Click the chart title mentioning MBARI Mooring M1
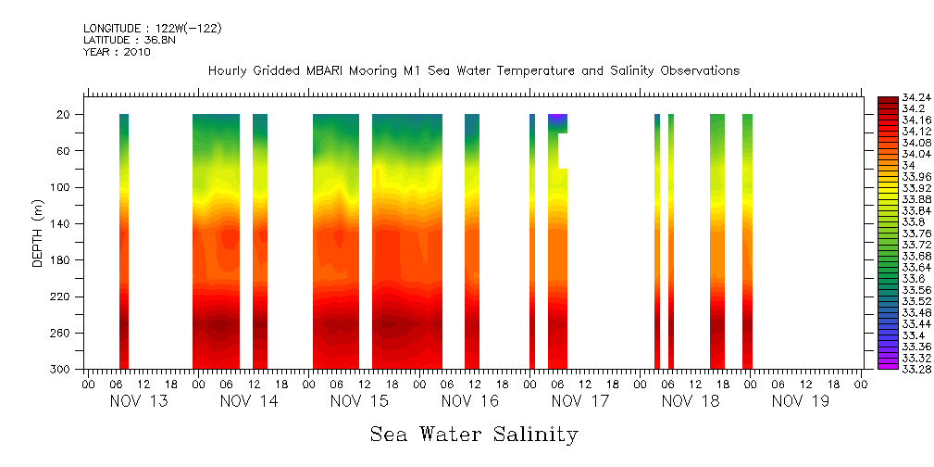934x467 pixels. tap(473, 71)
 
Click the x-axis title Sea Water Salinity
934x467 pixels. tap(474, 434)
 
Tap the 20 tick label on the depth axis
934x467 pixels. tap(65, 115)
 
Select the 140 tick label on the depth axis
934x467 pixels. tap(62, 224)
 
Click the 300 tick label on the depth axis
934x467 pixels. tap(62, 370)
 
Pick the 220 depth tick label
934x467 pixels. tap(62, 297)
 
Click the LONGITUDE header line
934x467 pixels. tap(152, 29)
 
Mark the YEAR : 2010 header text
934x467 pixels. tap(117, 52)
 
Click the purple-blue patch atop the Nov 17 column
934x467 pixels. tap(557, 120)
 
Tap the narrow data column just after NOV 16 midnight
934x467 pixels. tap(532, 241)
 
